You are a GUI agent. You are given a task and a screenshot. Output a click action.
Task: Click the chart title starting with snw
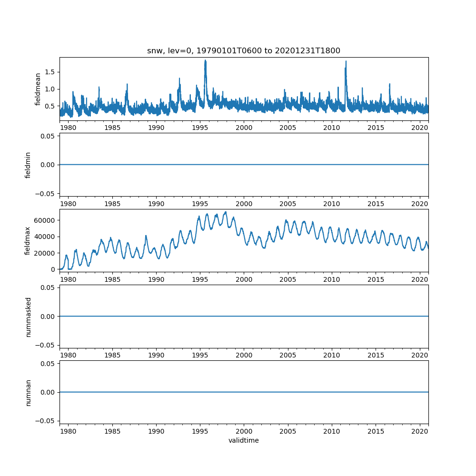click(244, 51)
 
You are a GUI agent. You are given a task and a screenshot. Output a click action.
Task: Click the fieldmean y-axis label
click(38, 89)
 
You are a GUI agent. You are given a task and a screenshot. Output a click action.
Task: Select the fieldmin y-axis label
click(28, 165)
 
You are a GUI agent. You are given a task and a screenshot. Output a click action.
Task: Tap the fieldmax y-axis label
click(28, 240)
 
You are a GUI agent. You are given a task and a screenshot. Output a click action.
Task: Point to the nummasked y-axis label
click(28, 317)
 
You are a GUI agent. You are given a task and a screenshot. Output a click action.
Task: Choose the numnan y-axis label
click(28, 392)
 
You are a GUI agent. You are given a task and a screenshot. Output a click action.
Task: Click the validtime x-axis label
click(244, 440)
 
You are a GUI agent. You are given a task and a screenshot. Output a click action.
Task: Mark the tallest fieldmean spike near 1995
click(205, 60)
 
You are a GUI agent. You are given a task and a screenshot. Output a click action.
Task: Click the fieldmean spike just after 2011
click(346, 61)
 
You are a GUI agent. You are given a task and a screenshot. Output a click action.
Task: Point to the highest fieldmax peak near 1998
click(226, 212)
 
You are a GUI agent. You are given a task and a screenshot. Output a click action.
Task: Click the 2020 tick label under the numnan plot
click(420, 431)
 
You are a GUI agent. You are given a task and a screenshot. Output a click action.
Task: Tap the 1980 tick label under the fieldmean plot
click(68, 128)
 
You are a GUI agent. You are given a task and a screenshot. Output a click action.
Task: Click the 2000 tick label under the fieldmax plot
click(244, 279)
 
